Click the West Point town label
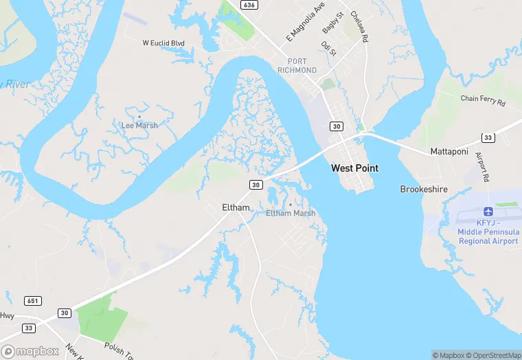click(354, 168)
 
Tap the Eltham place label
click(236, 207)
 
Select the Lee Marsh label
click(139, 125)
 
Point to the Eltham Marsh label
click(291, 213)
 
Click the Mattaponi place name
click(449, 150)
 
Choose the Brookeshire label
click(424, 188)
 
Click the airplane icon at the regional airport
click(488, 211)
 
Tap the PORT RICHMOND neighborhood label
click(297, 65)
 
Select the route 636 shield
click(249, 5)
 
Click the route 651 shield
click(32, 301)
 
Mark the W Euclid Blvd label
click(163, 43)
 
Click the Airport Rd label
click(482, 168)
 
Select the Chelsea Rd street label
click(359, 27)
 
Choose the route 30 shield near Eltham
click(256, 185)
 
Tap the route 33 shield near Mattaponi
click(487, 137)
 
